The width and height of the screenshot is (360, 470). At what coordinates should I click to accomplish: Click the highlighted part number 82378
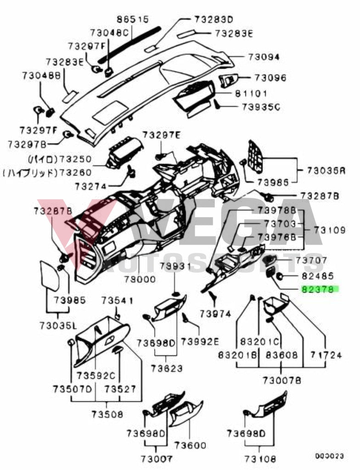click(x=319, y=290)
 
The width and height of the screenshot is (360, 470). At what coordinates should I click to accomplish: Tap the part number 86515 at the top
click(x=133, y=20)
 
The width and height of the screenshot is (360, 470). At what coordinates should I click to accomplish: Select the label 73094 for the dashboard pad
click(x=264, y=57)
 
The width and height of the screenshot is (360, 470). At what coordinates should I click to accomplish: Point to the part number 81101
click(x=251, y=94)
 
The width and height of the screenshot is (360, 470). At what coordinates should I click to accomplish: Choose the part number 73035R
click(x=326, y=170)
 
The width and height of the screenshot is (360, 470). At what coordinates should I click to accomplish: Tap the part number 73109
click(x=330, y=229)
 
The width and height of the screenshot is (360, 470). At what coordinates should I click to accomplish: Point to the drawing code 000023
click(x=329, y=456)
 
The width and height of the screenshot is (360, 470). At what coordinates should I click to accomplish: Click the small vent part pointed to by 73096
click(x=228, y=79)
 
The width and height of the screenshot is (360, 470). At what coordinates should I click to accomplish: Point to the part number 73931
click(x=174, y=266)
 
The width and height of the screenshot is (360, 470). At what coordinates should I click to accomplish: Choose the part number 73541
click(x=117, y=301)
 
